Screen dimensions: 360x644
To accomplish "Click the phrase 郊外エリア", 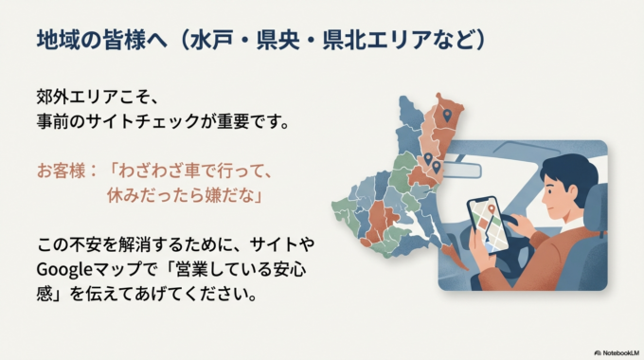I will point(83,98).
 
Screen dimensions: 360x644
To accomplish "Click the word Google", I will point(63,268).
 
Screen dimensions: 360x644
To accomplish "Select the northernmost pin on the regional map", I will point(448,116).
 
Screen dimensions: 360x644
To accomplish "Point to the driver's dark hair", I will point(566,172).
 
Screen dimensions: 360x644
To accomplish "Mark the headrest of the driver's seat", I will point(596,209).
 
